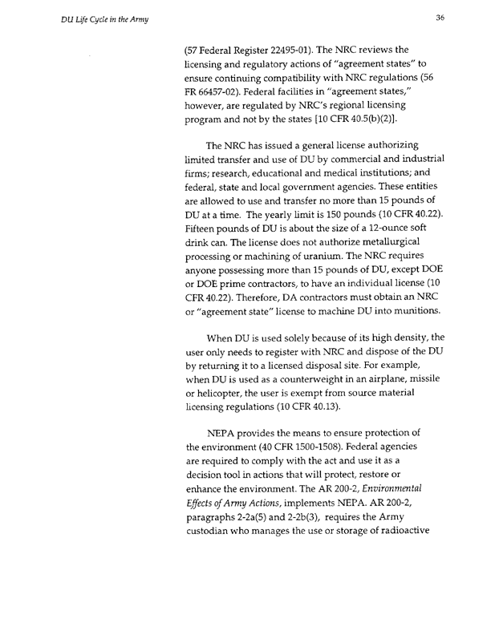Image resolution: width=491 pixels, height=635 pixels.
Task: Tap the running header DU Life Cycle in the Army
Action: tap(77, 20)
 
